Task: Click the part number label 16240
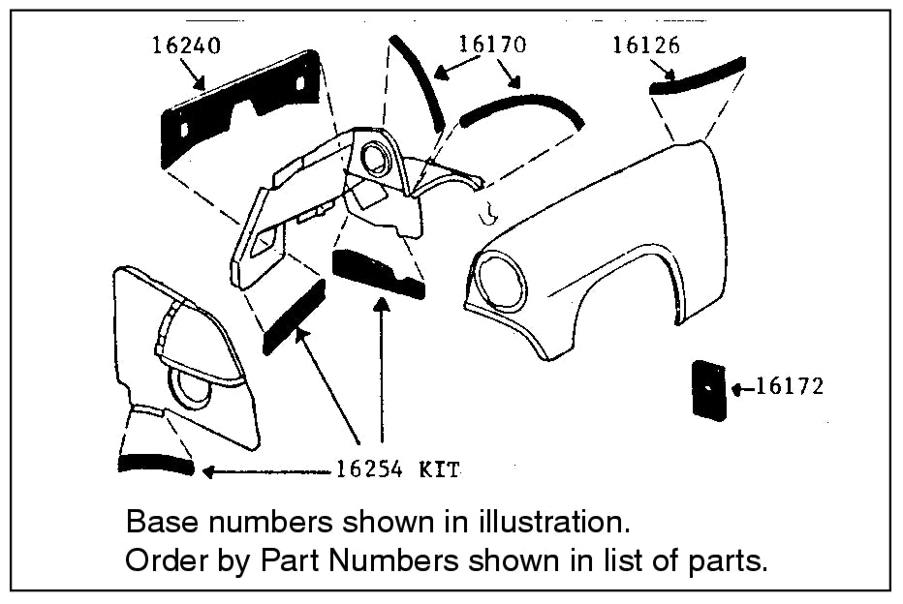(x=186, y=45)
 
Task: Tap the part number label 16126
(x=645, y=45)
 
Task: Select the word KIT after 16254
(x=439, y=470)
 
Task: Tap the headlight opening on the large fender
(x=502, y=279)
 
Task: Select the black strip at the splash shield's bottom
(x=157, y=464)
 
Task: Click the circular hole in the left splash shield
(x=192, y=389)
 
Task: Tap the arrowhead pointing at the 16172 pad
(x=739, y=389)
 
